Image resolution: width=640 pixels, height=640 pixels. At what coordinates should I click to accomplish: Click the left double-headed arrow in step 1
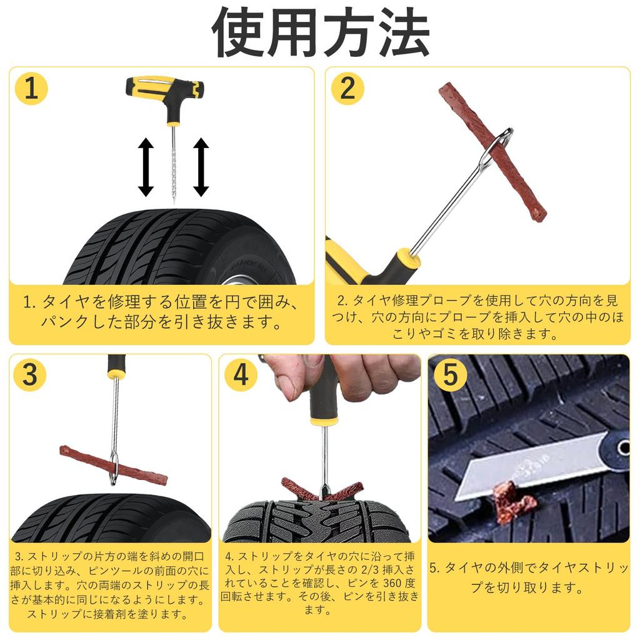146,167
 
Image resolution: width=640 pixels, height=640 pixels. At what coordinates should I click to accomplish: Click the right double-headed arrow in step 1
201,167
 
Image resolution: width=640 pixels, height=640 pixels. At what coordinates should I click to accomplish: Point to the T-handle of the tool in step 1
163,92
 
